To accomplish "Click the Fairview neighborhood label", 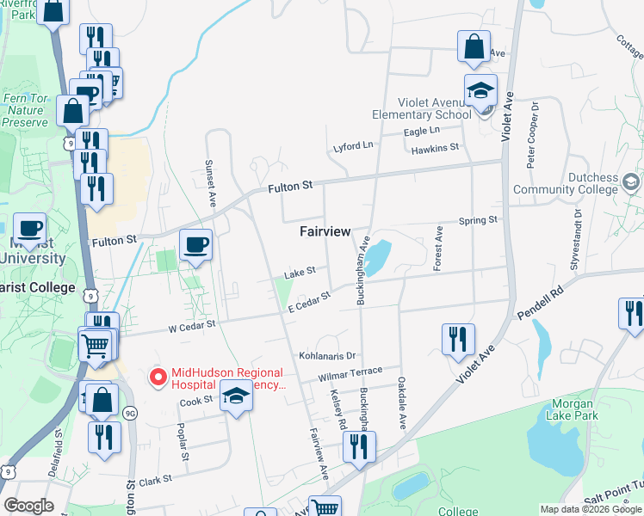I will tap(325, 232).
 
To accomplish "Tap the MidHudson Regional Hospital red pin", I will tap(158, 376).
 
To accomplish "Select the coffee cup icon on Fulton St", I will tap(196, 245).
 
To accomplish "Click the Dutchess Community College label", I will tap(566, 183).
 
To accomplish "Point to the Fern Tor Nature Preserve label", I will tap(25, 110).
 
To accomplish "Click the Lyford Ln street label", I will tap(354, 147).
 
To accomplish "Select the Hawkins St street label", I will tap(435, 149).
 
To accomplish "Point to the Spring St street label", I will tap(479, 221).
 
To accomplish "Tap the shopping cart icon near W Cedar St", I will tap(96, 346).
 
